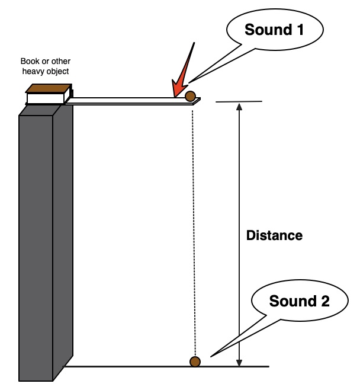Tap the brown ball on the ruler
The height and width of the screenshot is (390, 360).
coord(190,95)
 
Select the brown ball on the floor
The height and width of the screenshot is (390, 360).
coord(195,361)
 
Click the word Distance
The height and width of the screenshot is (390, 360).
coord(274,235)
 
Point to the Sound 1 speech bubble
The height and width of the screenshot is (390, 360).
coord(274,30)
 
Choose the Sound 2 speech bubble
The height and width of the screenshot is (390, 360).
coord(299,301)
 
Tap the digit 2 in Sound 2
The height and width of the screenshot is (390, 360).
coord(324,301)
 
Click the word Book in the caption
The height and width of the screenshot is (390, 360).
coord(29,62)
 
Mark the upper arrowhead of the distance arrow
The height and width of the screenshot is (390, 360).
coord(239,107)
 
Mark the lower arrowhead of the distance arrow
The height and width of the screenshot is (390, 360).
coord(239,362)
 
